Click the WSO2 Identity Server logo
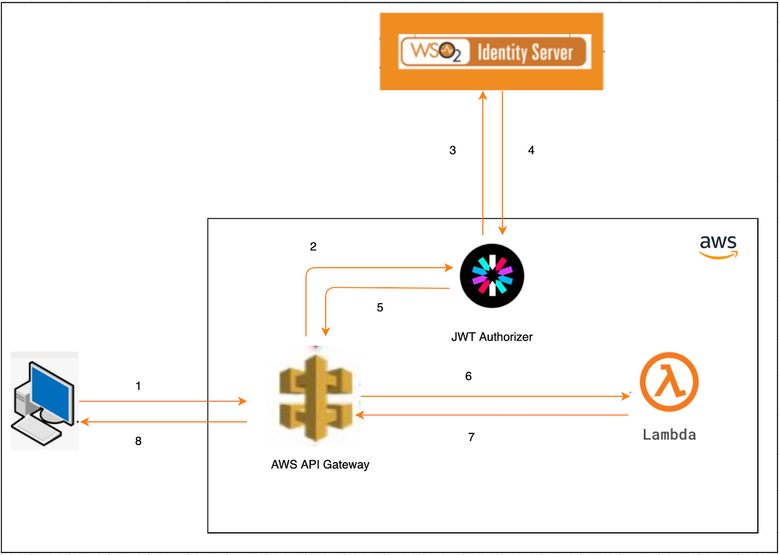tap(492, 52)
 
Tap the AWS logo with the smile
tap(718, 247)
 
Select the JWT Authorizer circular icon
tap(492, 278)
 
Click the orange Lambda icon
tap(669, 384)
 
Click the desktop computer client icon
tap(44, 400)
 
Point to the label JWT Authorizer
tap(492, 337)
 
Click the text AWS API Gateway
tap(320, 465)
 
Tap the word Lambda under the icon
tap(669, 434)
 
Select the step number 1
tap(138, 386)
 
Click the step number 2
tap(313, 246)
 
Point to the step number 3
tap(452, 150)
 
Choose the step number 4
tap(531, 150)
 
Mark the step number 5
tap(380, 307)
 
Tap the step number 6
tap(468, 376)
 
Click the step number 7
tap(471, 437)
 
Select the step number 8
tap(138, 441)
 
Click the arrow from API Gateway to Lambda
tap(494, 396)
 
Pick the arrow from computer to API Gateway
tap(162, 402)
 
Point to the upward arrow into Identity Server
tap(483, 162)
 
